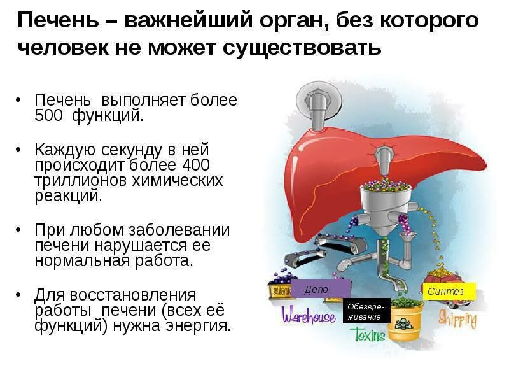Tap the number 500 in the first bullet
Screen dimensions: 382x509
coord(49,116)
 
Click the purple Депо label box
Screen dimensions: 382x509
coord(316,290)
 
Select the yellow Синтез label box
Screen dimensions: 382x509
coord(449,292)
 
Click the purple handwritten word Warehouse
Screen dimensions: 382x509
coord(309,315)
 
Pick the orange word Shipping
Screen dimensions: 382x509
coord(457,318)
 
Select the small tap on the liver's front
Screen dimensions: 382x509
coord(384,157)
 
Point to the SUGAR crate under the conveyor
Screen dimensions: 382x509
coord(280,291)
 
